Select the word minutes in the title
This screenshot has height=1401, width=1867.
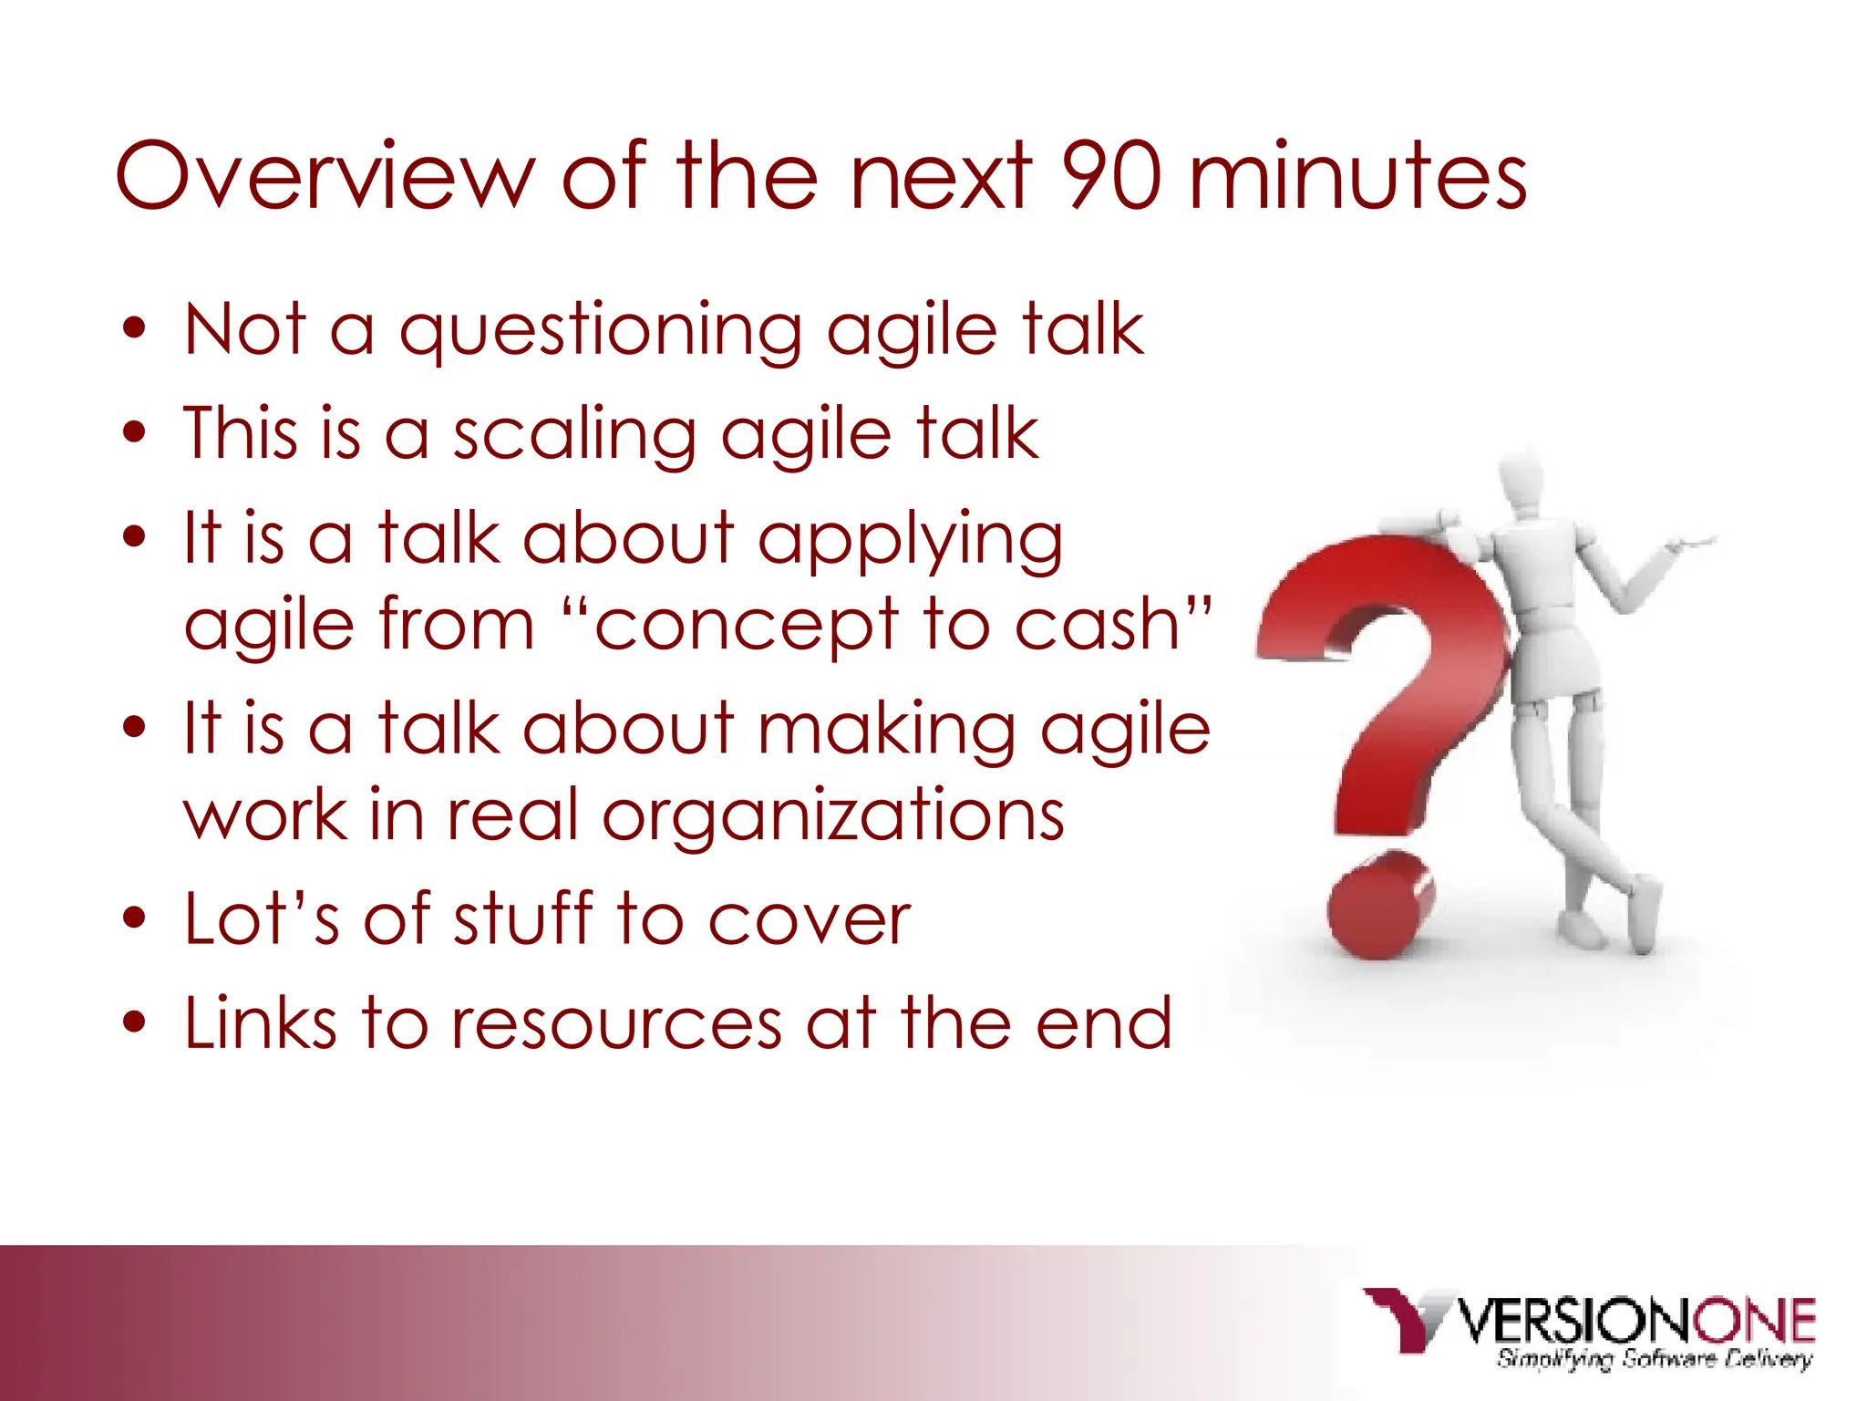[x=1357, y=175]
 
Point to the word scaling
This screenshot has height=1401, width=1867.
[x=575, y=436]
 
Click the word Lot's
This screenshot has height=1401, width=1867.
[x=261, y=918]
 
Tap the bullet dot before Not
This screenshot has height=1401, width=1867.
[x=135, y=329]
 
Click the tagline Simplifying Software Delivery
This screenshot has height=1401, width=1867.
[x=1654, y=1359]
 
